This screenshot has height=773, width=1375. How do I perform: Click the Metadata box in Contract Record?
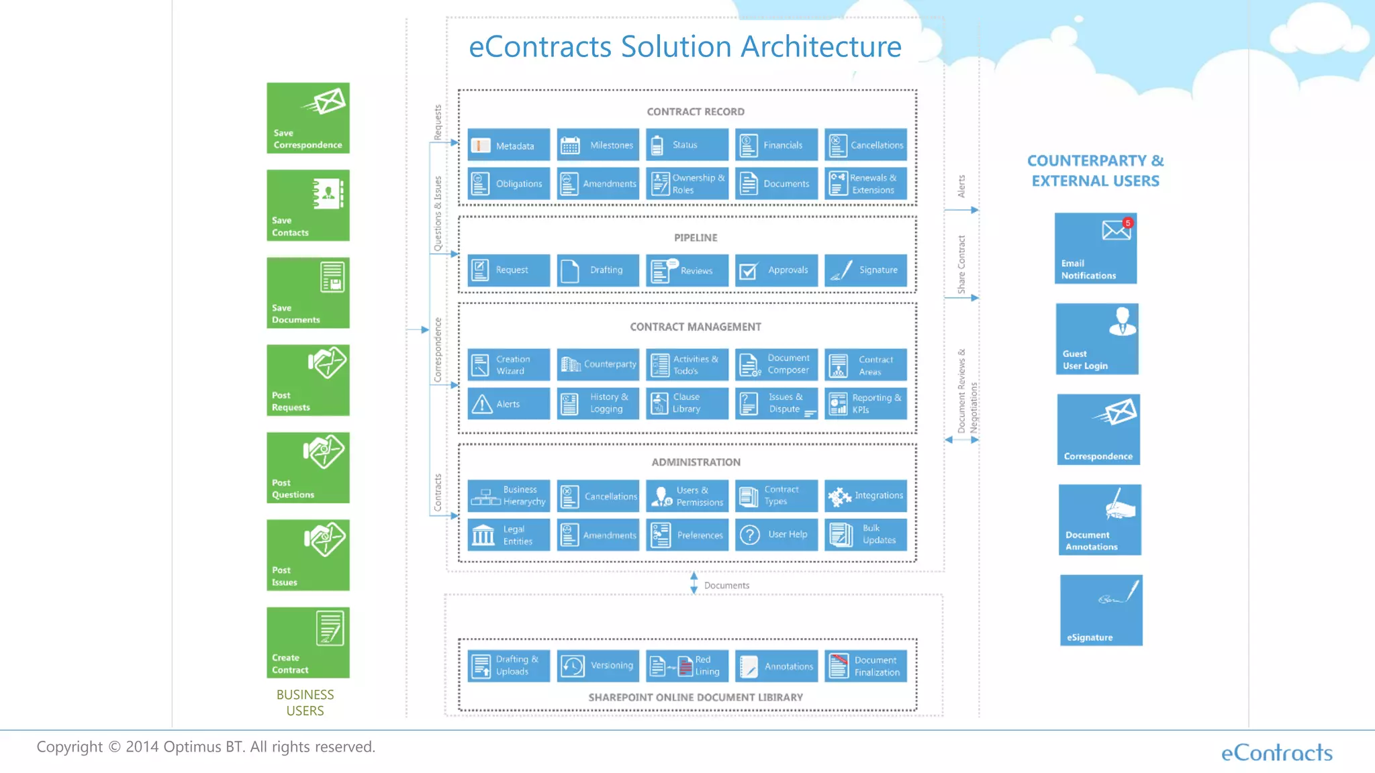(508, 145)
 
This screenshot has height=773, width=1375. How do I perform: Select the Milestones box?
(598, 145)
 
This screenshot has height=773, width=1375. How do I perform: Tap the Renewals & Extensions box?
(865, 184)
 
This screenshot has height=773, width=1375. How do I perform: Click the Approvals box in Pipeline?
(776, 270)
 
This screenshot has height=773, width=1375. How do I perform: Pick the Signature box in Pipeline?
(865, 270)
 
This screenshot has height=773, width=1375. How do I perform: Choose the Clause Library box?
(687, 403)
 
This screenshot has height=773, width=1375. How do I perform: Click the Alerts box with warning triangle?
(508, 404)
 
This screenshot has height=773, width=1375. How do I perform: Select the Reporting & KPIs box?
(865, 404)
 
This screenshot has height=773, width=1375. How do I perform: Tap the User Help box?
(776, 535)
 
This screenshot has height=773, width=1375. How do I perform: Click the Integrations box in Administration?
(865, 496)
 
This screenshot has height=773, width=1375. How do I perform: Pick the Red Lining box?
(687, 666)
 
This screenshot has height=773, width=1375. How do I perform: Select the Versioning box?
(598, 666)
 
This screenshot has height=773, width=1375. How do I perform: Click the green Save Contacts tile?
(308, 205)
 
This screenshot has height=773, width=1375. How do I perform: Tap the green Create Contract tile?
(308, 642)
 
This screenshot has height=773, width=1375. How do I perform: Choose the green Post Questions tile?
(308, 468)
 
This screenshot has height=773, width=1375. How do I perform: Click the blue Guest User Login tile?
(1097, 339)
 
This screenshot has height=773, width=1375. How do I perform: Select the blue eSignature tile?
(1101, 610)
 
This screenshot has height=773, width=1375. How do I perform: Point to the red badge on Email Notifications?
(1128, 223)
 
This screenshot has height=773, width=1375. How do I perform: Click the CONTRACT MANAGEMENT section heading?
(695, 327)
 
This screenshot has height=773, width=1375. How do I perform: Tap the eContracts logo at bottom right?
(1276, 753)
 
